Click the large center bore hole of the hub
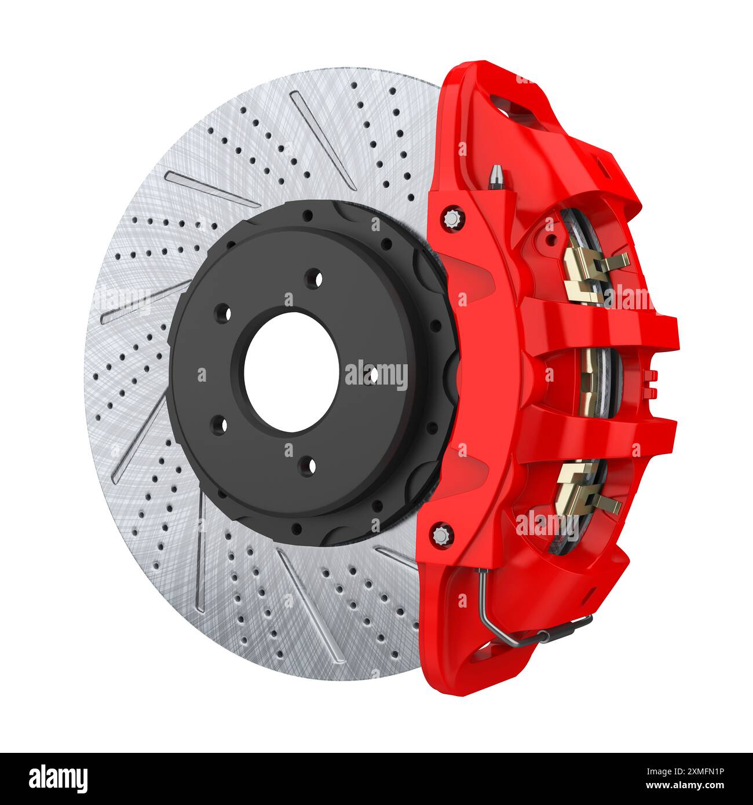[x=291, y=372]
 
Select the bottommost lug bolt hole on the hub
[x=309, y=464]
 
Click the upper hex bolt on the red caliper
[x=451, y=218]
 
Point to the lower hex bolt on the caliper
[x=441, y=534]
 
